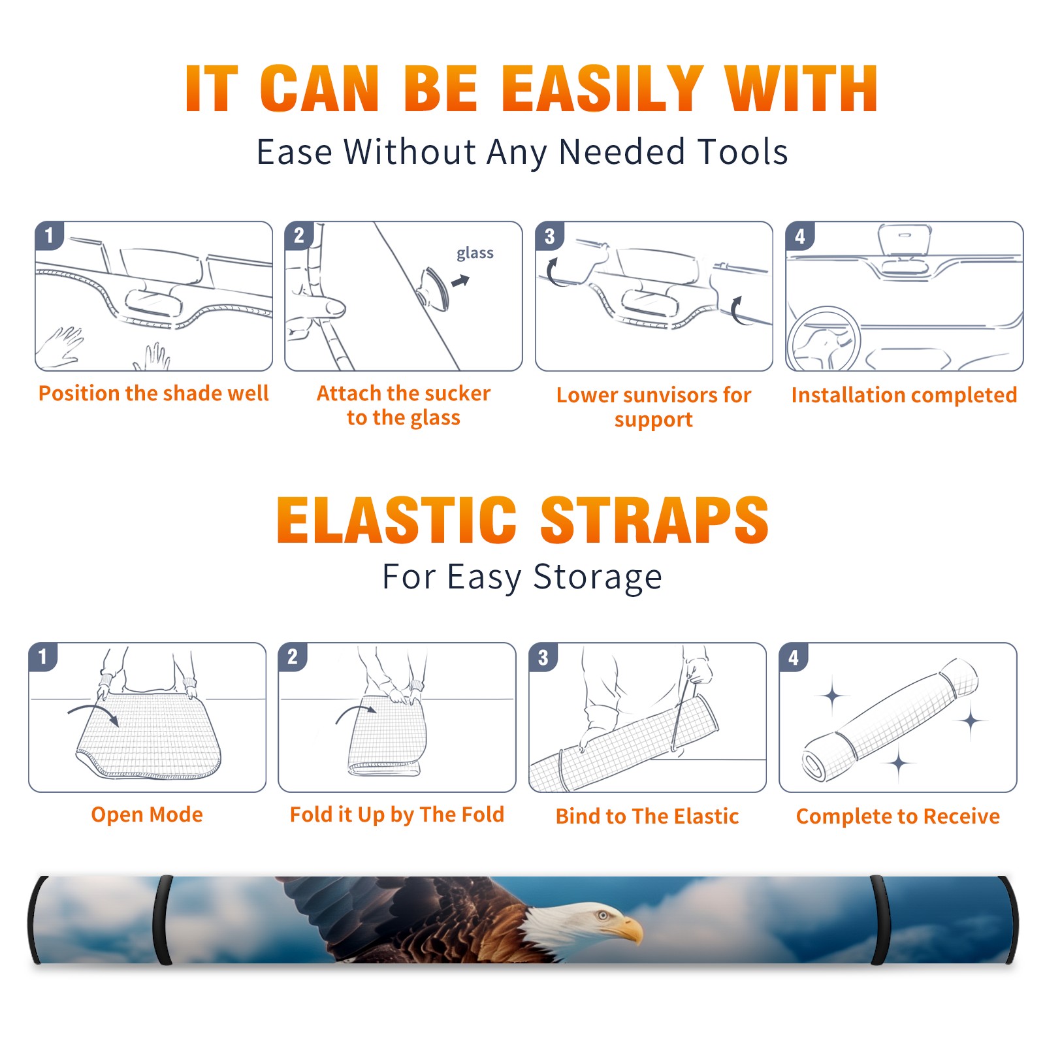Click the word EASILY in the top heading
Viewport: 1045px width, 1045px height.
(x=602, y=89)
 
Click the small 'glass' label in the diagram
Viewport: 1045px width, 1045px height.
(x=475, y=253)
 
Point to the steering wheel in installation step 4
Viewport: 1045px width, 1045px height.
(x=824, y=338)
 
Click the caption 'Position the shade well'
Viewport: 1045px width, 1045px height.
(x=153, y=393)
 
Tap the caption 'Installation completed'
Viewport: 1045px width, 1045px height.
(x=904, y=395)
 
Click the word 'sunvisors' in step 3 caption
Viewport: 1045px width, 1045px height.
(x=666, y=395)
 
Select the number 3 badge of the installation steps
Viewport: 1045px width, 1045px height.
(x=550, y=236)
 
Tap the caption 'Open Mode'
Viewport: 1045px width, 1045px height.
(x=147, y=814)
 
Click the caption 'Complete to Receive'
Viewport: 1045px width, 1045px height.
(x=898, y=816)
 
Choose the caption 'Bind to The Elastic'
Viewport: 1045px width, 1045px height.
(x=647, y=816)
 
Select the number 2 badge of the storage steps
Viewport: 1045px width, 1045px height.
(x=293, y=656)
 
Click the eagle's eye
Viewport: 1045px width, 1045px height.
(x=603, y=915)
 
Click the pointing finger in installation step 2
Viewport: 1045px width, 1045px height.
(x=320, y=306)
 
